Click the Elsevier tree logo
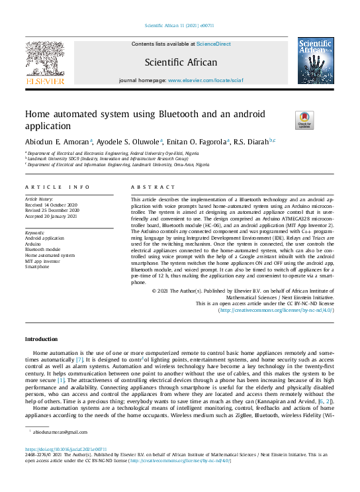pyautogui.click(x=45, y=62)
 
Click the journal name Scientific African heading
pyautogui.click(x=181, y=63)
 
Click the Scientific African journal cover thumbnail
pyautogui.click(x=315, y=62)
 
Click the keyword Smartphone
pyautogui.click(x=37, y=267)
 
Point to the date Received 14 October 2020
pyautogui.click(x=51, y=205)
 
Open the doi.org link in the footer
pyautogui.click(x=65, y=449)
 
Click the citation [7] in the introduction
pyautogui.click(x=79, y=360)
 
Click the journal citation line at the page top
pyautogui.click(x=180, y=26)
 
